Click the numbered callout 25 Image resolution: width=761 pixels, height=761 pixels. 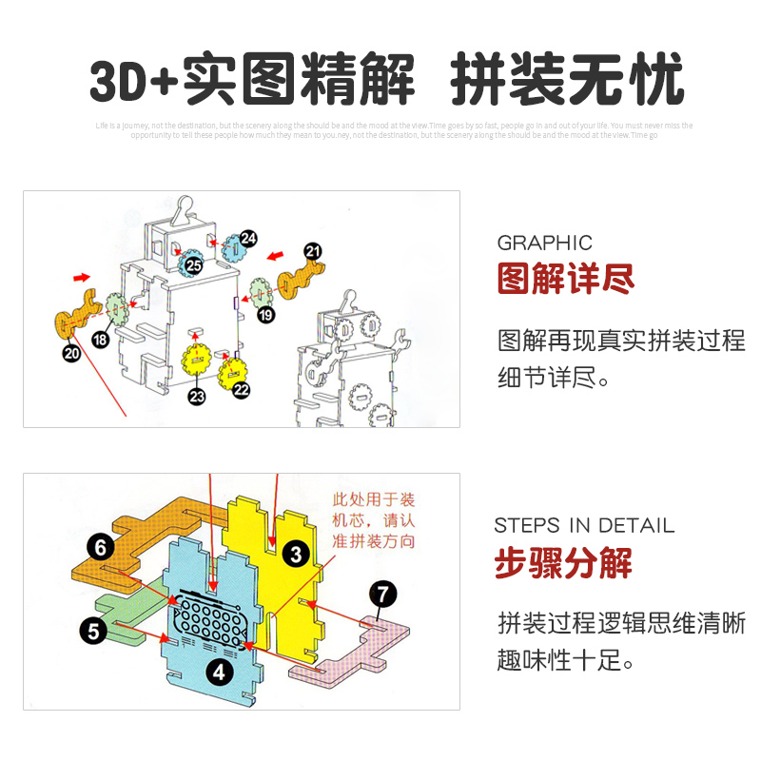click(194, 265)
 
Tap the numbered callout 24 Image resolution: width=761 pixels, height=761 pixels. click(248, 239)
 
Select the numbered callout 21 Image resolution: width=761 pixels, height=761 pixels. click(312, 251)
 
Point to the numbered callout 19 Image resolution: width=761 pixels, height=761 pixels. click(265, 314)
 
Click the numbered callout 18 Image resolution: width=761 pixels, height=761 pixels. click(101, 340)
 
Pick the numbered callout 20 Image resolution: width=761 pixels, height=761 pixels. click(71, 352)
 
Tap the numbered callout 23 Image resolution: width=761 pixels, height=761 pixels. click(197, 397)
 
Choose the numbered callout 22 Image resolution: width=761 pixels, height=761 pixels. click(241, 389)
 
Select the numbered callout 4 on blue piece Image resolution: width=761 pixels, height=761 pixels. click(220, 672)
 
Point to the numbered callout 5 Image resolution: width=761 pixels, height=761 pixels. click(92, 629)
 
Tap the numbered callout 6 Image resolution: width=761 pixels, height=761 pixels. click(100, 546)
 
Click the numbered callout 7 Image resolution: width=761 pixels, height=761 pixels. click(381, 595)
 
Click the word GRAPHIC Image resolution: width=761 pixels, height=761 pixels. click(545, 243)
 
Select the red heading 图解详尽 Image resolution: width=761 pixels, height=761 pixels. click(566, 280)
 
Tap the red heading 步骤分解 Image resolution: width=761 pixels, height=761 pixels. click(563, 563)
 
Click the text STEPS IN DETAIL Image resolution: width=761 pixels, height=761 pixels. click(584, 525)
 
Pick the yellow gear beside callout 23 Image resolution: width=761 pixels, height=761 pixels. click(197, 361)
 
